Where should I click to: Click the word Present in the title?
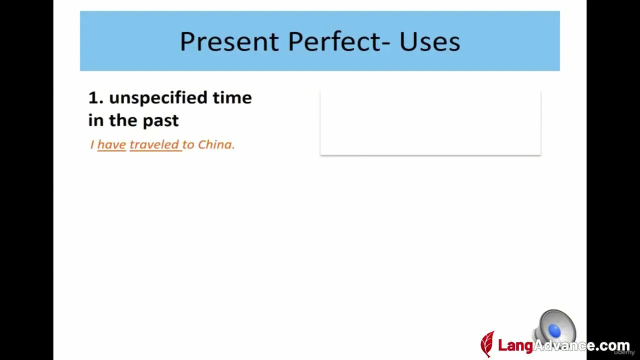tap(229, 42)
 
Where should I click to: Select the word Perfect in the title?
tap(334, 41)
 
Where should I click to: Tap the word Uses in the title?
tap(429, 41)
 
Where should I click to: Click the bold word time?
tap(232, 97)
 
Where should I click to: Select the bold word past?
tap(160, 121)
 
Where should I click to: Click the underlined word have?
tap(111, 145)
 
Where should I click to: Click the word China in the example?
tap(216, 145)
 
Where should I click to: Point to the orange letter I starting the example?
tap(92, 144)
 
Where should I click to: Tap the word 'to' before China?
tap(188, 145)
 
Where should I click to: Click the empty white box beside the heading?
tap(430, 123)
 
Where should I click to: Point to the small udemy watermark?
tap(624, 352)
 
